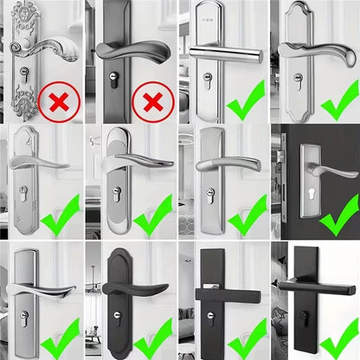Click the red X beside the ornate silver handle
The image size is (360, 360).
point(60,103)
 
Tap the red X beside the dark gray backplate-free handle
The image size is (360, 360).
point(152,103)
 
